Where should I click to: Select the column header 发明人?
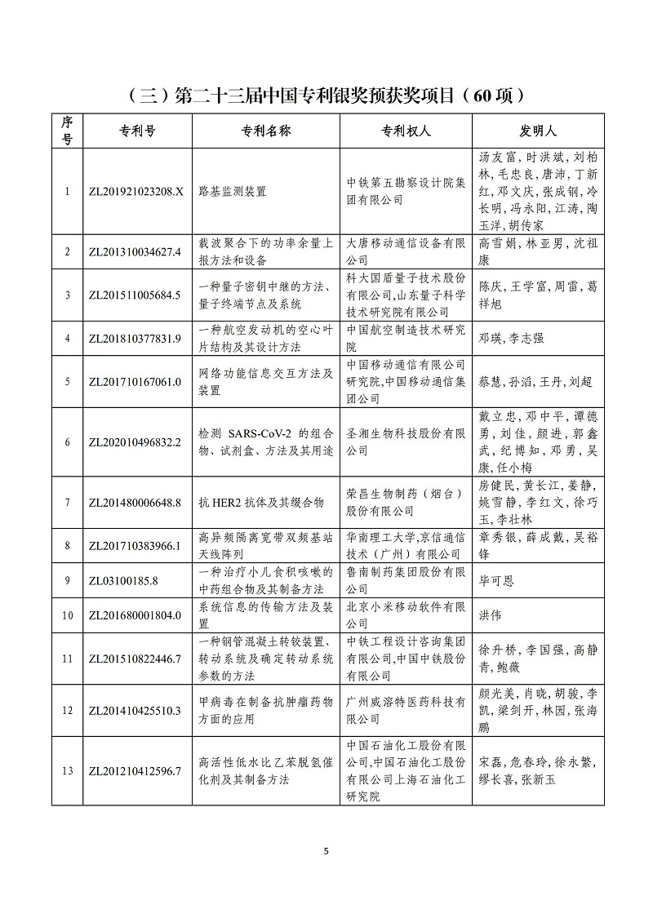(538, 131)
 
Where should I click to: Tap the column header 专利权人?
(406, 131)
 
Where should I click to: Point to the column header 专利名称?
(266, 131)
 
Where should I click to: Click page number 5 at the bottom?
(326, 851)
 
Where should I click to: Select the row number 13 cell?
(67, 771)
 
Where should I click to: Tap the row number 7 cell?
(67, 502)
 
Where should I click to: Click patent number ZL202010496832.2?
(134, 442)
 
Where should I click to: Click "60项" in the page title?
(493, 95)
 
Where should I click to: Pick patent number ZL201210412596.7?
(134, 771)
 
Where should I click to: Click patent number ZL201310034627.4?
(134, 251)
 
